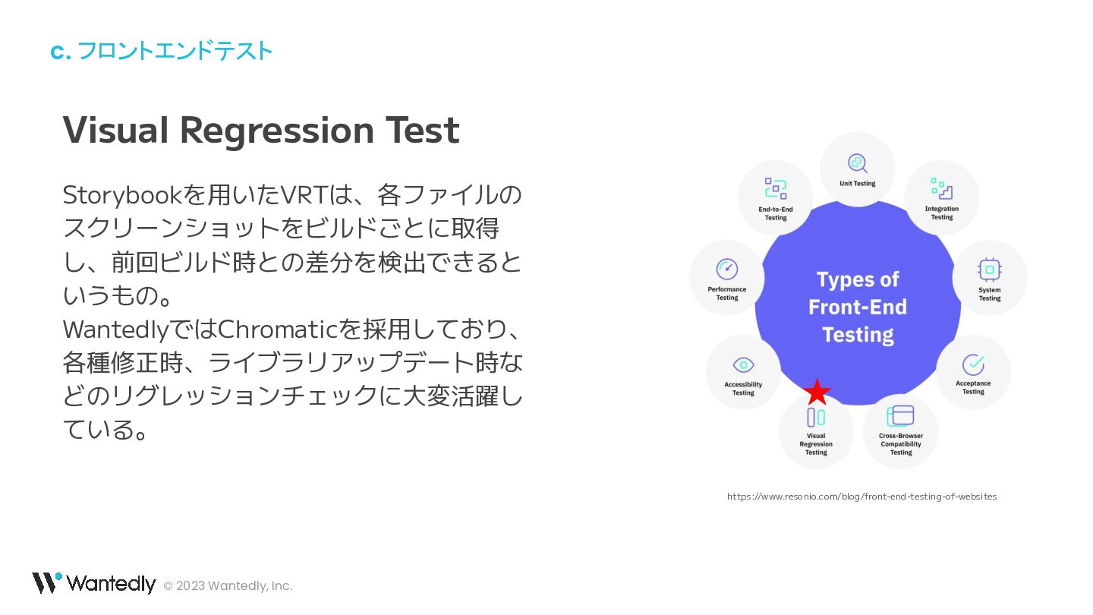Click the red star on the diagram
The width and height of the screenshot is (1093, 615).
tap(817, 393)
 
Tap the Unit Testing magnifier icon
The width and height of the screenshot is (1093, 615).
tap(858, 163)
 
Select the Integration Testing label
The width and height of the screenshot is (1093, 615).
tap(941, 213)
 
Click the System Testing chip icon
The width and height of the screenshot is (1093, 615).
tap(989, 270)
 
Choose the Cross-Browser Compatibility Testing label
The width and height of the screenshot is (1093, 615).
tap(901, 444)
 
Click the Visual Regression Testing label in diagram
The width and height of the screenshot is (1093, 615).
tap(816, 444)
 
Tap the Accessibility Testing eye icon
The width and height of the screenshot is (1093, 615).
tap(743, 364)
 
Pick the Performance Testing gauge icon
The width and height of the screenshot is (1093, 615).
tap(727, 269)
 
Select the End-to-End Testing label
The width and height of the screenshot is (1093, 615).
tap(776, 213)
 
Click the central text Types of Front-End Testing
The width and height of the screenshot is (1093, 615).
tap(858, 307)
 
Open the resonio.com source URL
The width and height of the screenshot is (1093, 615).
tap(861, 497)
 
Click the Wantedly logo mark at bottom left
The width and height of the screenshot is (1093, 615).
tap(46, 582)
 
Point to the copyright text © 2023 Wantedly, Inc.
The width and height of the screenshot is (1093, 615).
tap(228, 585)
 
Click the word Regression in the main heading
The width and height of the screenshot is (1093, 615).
tap(277, 131)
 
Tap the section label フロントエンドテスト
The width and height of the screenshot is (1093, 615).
tap(174, 51)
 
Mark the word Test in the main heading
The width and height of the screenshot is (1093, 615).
tap(422, 131)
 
